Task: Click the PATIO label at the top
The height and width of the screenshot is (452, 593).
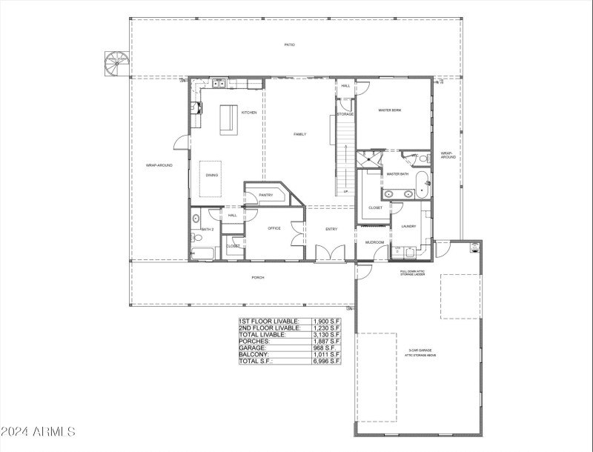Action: pyautogui.click(x=289, y=45)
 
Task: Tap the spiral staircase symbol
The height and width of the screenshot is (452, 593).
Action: pyautogui.click(x=116, y=63)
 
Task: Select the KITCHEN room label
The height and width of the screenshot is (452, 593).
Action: pyautogui.click(x=249, y=113)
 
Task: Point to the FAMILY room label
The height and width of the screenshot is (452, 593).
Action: pyautogui.click(x=299, y=134)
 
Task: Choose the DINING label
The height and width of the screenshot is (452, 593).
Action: pyautogui.click(x=212, y=175)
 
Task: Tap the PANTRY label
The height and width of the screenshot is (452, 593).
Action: pyautogui.click(x=267, y=196)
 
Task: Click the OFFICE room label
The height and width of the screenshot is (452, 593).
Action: pyautogui.click(x=274, y=228)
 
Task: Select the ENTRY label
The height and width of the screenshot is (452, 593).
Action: pyautogui.click(x=331, y=229)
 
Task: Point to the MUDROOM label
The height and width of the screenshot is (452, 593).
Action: pyautogui.click(x=374, y=242)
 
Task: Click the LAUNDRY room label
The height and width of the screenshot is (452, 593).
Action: pyautogui.click(x=408, y=226)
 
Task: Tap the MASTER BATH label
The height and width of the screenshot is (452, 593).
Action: pyautogui.click(x=398, y=174)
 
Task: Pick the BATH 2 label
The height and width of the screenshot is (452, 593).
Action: pyautogui.click(x=208, y=230)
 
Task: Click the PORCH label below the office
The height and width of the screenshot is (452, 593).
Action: pyautogui.click(x=258, y=278)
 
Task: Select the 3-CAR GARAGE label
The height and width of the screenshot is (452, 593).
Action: pyautogui.click(x=420, y=350)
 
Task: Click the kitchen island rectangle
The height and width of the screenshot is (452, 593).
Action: pyautogui.click(x=228, y=120)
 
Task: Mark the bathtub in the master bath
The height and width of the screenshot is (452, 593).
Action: pyautogui.click(x=422, y=186)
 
